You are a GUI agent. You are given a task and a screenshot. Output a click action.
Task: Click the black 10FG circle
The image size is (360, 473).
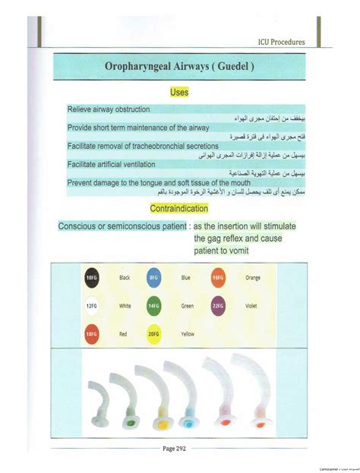click(x=92, y=278)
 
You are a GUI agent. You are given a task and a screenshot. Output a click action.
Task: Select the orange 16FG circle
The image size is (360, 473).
click(x=219, y=278)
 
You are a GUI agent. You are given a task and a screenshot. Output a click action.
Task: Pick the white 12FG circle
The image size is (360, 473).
click(x=92, y=305)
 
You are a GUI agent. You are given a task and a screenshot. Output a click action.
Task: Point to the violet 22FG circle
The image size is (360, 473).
click(x=219, y=305)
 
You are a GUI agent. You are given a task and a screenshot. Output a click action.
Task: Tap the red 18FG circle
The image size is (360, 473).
click(x=92, y=333)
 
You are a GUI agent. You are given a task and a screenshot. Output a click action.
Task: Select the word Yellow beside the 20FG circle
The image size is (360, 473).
click(x=188, y=333)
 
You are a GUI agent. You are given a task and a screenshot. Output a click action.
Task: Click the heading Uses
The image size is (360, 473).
click(x=179, y=92)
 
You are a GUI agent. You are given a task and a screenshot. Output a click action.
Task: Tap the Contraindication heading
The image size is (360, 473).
click(x=179, y=208)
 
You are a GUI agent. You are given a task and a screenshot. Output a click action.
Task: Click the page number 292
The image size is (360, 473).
click(x=181, y=449)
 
